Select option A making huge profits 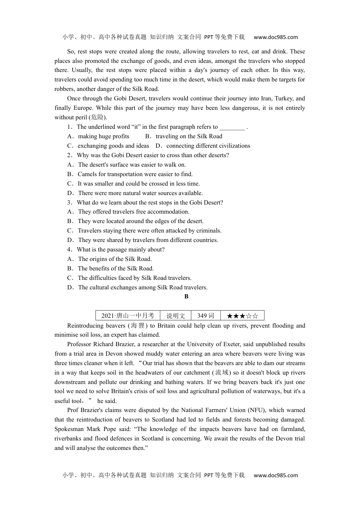103,136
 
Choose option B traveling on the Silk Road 189,136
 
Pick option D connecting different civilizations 208,146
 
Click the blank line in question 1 232,127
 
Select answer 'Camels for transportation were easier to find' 135,174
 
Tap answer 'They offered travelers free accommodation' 133,212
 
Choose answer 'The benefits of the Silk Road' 116,269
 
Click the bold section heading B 186,297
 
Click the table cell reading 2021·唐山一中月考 128,315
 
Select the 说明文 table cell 175,315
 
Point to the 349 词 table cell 205,315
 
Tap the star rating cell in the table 242,315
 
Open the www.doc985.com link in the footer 275,475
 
